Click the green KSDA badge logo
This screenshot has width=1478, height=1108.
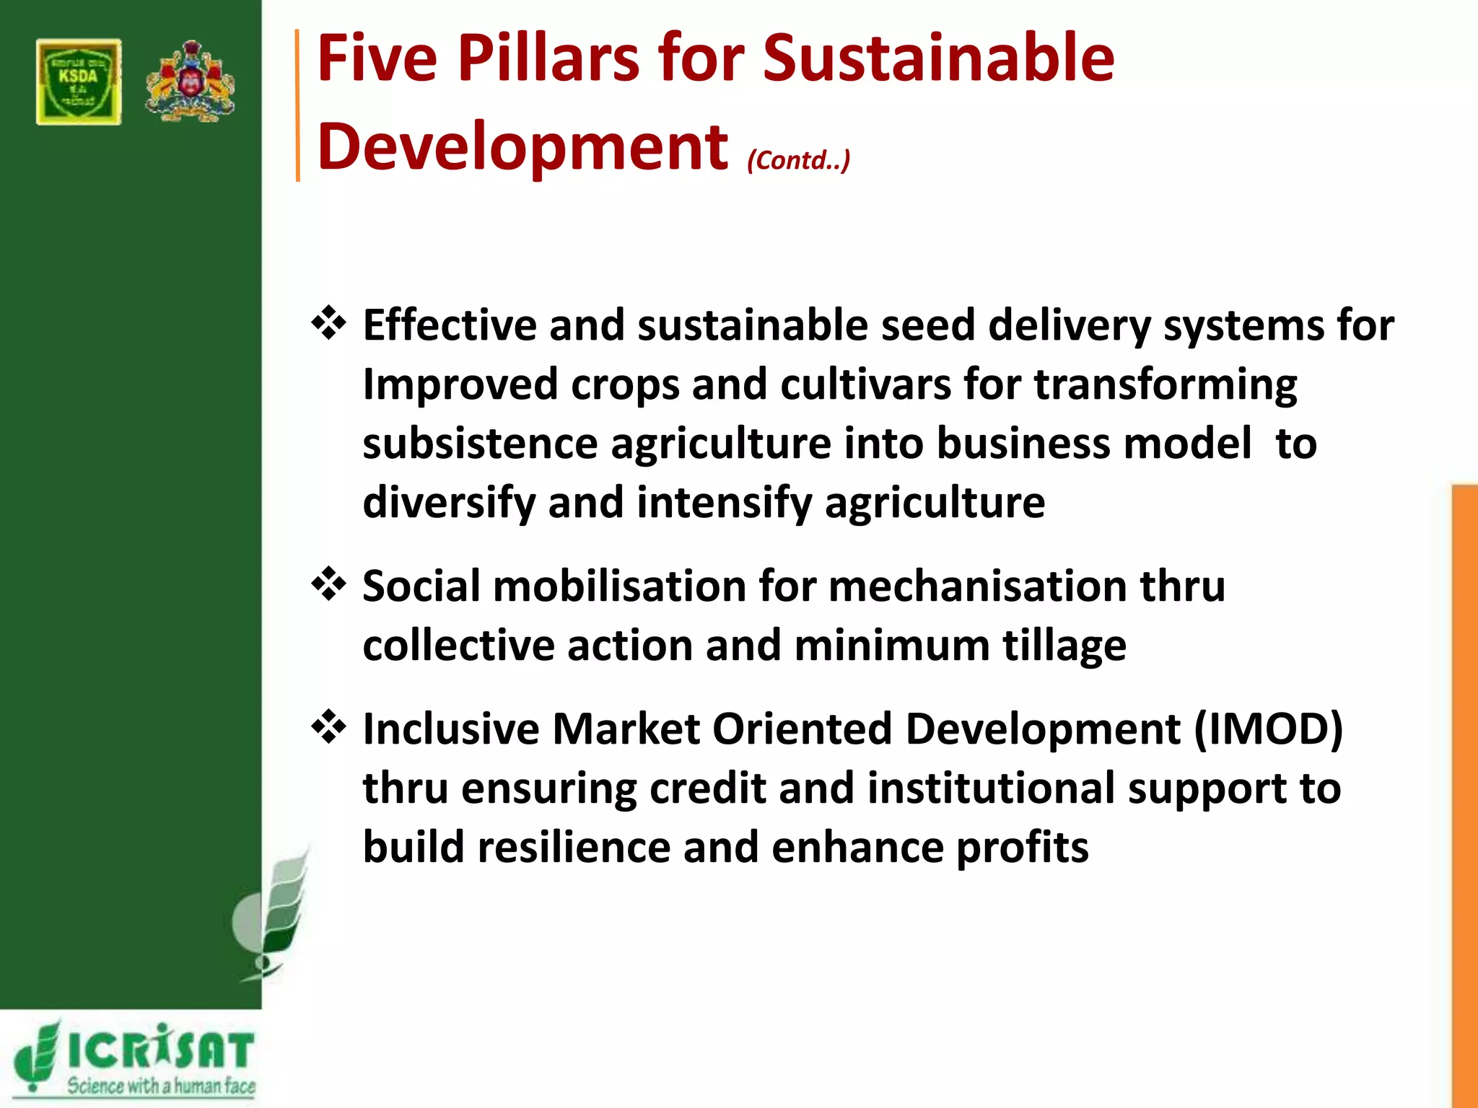(79, 82)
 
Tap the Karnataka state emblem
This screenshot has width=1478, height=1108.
(190, 81)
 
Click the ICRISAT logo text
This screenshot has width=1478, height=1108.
(159, 1050)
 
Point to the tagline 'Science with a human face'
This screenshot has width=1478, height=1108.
(161, 1086)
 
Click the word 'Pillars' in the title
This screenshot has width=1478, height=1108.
(548, 59)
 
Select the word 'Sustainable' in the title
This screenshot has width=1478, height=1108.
(938, 59)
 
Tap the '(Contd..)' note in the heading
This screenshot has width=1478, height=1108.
(798, 160)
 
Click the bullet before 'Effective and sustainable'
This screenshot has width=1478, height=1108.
(328, 324)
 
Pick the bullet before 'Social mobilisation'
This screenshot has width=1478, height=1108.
(328, 584)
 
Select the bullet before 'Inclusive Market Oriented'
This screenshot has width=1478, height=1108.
(328, 727)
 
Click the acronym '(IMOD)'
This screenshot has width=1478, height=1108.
(1268, 729)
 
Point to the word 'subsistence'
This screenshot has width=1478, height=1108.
(480, 444)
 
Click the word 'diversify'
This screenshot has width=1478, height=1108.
(448, 503)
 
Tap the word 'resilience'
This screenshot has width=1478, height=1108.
(574, 848)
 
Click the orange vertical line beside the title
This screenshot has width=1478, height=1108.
(297, 105)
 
